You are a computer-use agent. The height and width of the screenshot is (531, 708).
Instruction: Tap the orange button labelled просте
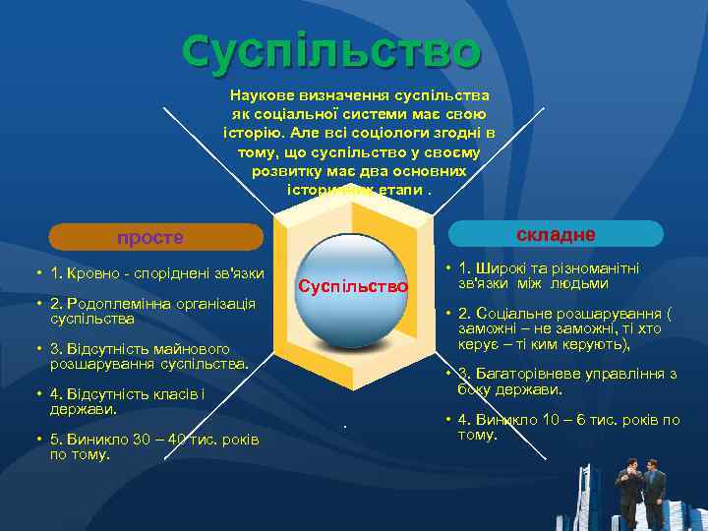point(156,237)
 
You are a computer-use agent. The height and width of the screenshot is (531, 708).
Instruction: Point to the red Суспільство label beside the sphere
point(353,286)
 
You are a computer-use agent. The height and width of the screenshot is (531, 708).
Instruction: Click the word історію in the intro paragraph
point(254,131)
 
